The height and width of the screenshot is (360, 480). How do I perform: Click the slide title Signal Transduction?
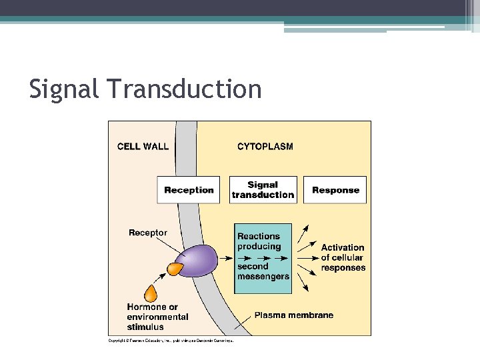click(145, 89)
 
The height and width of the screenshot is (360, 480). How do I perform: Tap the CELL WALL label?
click(143, 147)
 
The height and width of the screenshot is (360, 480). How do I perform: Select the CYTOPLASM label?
click(265, 147)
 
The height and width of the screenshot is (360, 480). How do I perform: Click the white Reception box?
click(189, 190)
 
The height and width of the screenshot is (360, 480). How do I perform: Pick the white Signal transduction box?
click(263, 190)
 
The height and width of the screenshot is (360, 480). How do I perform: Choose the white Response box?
click(335, 190)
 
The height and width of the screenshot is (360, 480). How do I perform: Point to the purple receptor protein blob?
click(197, 261)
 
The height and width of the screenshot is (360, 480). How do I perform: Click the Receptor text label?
click(148, 233)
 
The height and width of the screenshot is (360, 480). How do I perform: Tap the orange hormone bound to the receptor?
click(175, 269)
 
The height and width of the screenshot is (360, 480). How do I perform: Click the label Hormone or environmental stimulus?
click(157, 317)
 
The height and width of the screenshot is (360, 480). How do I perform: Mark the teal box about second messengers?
click(263, 258)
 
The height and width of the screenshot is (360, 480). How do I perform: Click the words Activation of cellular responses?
click(343, 257)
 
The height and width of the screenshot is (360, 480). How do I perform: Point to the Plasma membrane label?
click(293, 315)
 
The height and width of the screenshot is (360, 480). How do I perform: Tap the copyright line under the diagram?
click(171, 341)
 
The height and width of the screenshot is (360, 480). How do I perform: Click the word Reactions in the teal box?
click(259, 236)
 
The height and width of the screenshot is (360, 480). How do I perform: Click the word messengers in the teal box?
click(263, 276)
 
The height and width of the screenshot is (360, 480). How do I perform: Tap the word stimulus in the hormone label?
click(145, 327)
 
